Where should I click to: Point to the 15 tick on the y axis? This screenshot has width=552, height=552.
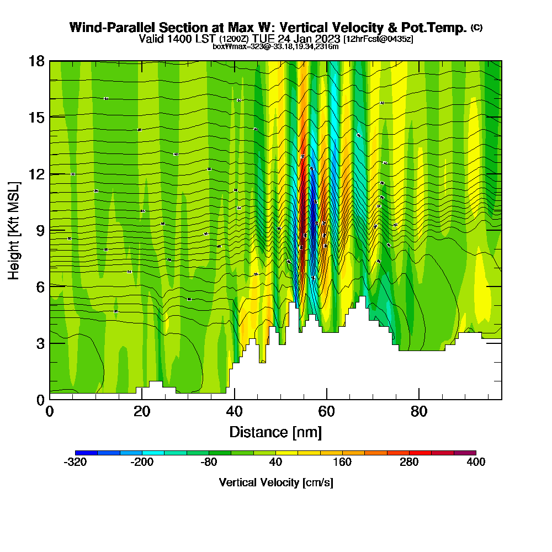[x=36, y=117]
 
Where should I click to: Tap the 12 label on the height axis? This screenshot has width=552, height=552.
[x=36, y=174]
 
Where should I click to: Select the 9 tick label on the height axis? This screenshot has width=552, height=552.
[x=40, y=230]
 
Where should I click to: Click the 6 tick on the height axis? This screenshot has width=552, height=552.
[x=40, y=286]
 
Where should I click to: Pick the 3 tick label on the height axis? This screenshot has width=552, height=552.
[x=40, y=343]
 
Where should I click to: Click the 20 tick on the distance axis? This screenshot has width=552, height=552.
[x=142, y=412]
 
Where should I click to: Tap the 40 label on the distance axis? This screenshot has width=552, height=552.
[x=235, y=412]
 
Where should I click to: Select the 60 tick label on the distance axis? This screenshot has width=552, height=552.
[x=327, y=412]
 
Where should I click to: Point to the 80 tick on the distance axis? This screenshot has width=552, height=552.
[x=420, y=412]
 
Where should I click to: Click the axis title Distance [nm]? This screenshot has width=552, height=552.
[x=275, y=432]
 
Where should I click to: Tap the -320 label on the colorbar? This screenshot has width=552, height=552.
[x=75, y=463]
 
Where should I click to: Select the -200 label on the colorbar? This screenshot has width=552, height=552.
[x=142, y=463]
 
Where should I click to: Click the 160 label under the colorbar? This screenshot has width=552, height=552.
[x=342, y=463]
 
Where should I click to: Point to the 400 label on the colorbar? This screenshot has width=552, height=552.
[x=476, y=463]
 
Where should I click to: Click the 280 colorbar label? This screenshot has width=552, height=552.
[x=409, y=463]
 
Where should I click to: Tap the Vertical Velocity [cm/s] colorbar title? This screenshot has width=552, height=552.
[x=275, y=483]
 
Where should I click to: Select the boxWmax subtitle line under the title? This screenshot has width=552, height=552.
[x=275, y=46]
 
